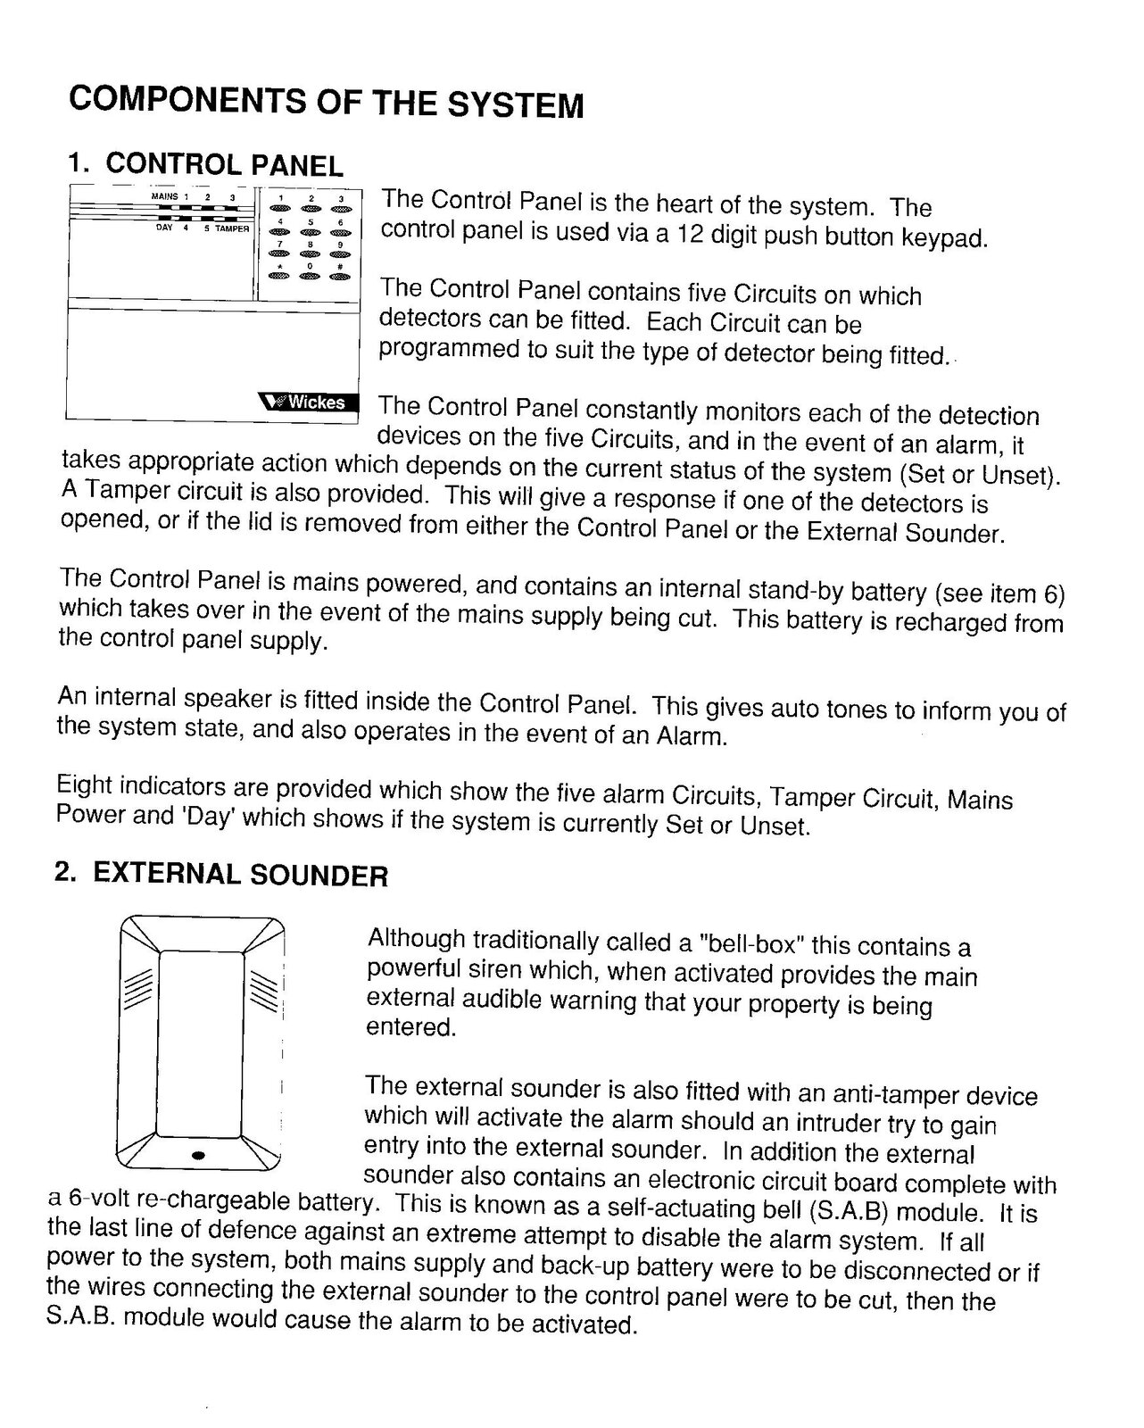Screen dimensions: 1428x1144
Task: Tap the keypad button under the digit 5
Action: [310, 231]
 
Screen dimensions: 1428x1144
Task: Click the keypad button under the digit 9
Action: [340, 254]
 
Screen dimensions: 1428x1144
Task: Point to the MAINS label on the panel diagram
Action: [165, 196]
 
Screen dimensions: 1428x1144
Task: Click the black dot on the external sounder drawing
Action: [199, 1155]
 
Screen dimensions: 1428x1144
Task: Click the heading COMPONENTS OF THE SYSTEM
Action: [326, 101]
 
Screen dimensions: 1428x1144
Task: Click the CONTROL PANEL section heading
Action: [223, 164]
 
